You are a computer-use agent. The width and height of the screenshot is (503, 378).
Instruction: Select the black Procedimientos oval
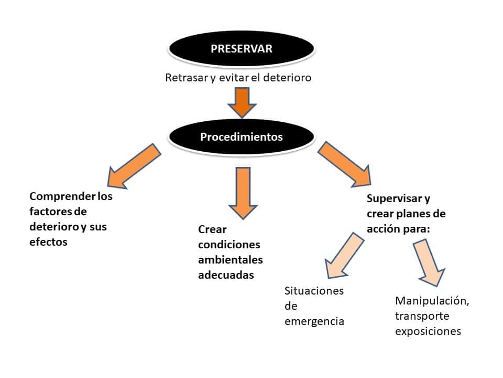pyautogui.click(x=242, y=138)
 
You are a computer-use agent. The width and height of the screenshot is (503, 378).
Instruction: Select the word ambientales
pyautogui.click(x=231, y=260)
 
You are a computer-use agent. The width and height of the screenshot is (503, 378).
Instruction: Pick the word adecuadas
pyautogui.click(x=226, y=275)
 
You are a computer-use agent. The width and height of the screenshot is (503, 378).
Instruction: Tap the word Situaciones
pyautogui.click(x=314, y=291)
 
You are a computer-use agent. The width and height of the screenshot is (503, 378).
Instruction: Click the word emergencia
pyautogui.click(x=314, y=321)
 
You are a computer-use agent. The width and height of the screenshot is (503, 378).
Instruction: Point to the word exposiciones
pyautogui.click(x=428, y=331)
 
